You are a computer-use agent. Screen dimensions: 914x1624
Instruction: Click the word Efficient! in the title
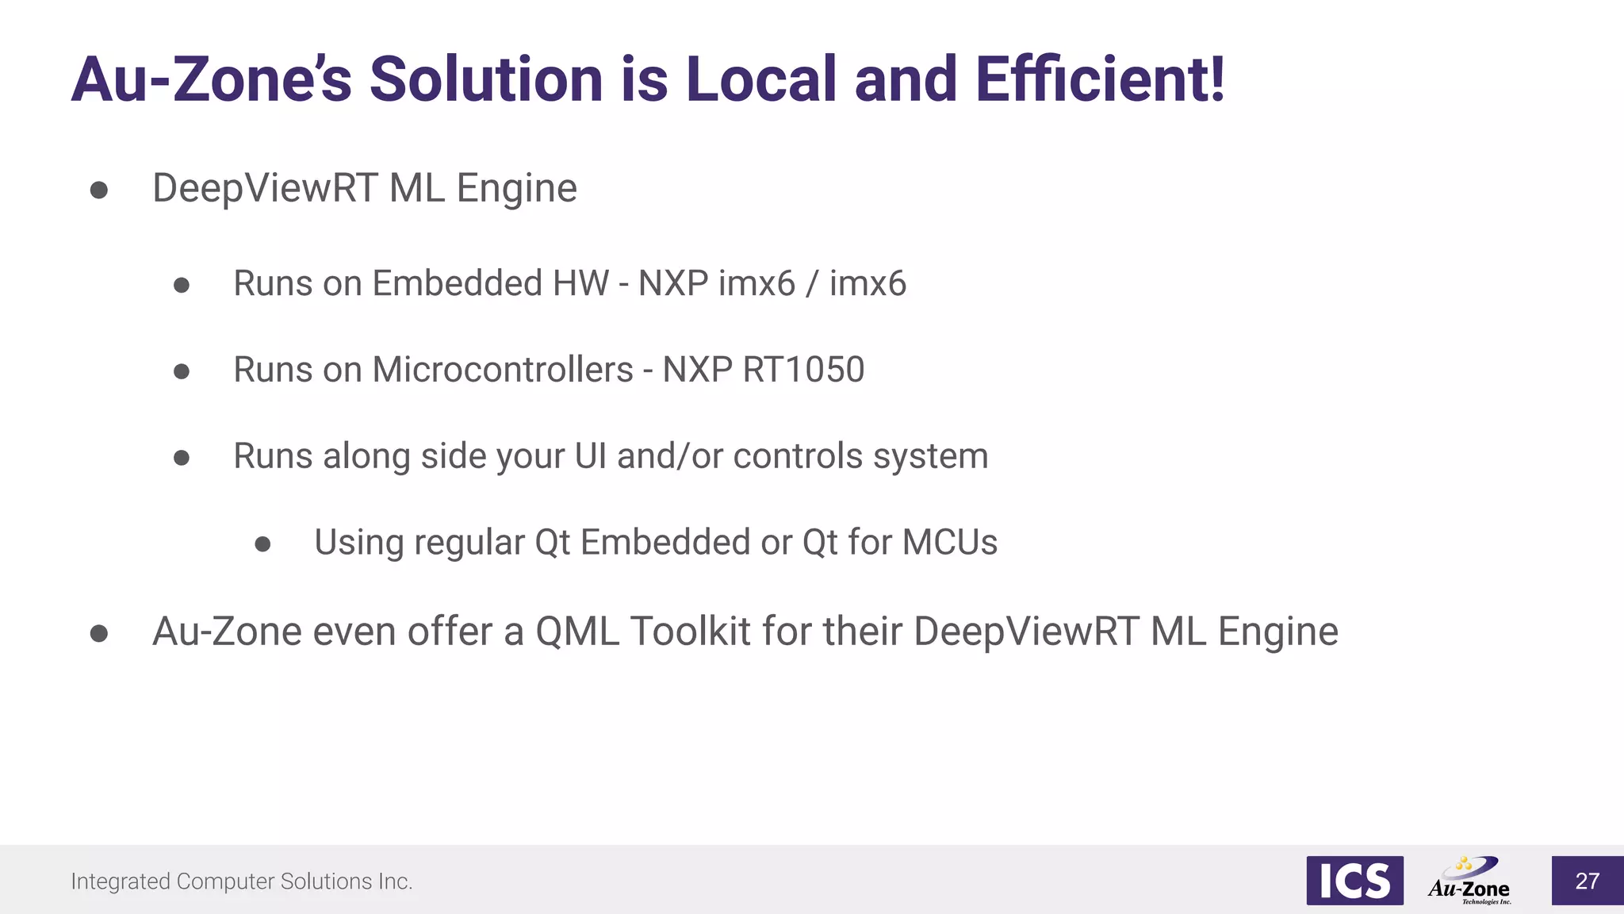coord(1100,79)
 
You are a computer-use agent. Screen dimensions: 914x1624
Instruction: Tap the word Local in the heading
coord(761,79)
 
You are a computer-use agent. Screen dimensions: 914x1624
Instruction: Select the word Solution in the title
coord(486,79)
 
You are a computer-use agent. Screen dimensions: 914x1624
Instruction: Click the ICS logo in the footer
coord(1354,881)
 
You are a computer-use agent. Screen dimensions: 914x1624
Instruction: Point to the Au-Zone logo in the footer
coord(1469,881)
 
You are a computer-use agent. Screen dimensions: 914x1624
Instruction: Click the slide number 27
coord(1587,881)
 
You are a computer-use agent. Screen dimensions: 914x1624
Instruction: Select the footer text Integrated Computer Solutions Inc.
coord(242,881)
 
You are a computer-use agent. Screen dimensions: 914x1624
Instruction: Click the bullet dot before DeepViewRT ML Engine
coord(99,190)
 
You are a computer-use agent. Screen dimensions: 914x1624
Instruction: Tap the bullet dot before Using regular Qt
coord(263,544)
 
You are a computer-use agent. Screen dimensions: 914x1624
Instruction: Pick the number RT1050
coord(803,370)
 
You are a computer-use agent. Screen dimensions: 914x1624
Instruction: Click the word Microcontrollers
coord(503,370)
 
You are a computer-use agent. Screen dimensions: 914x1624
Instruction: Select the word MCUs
coord(950,543)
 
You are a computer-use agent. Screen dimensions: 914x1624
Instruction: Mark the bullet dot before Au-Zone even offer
coord(99,633)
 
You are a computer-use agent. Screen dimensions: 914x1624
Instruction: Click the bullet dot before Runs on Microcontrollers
coord(182,371)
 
